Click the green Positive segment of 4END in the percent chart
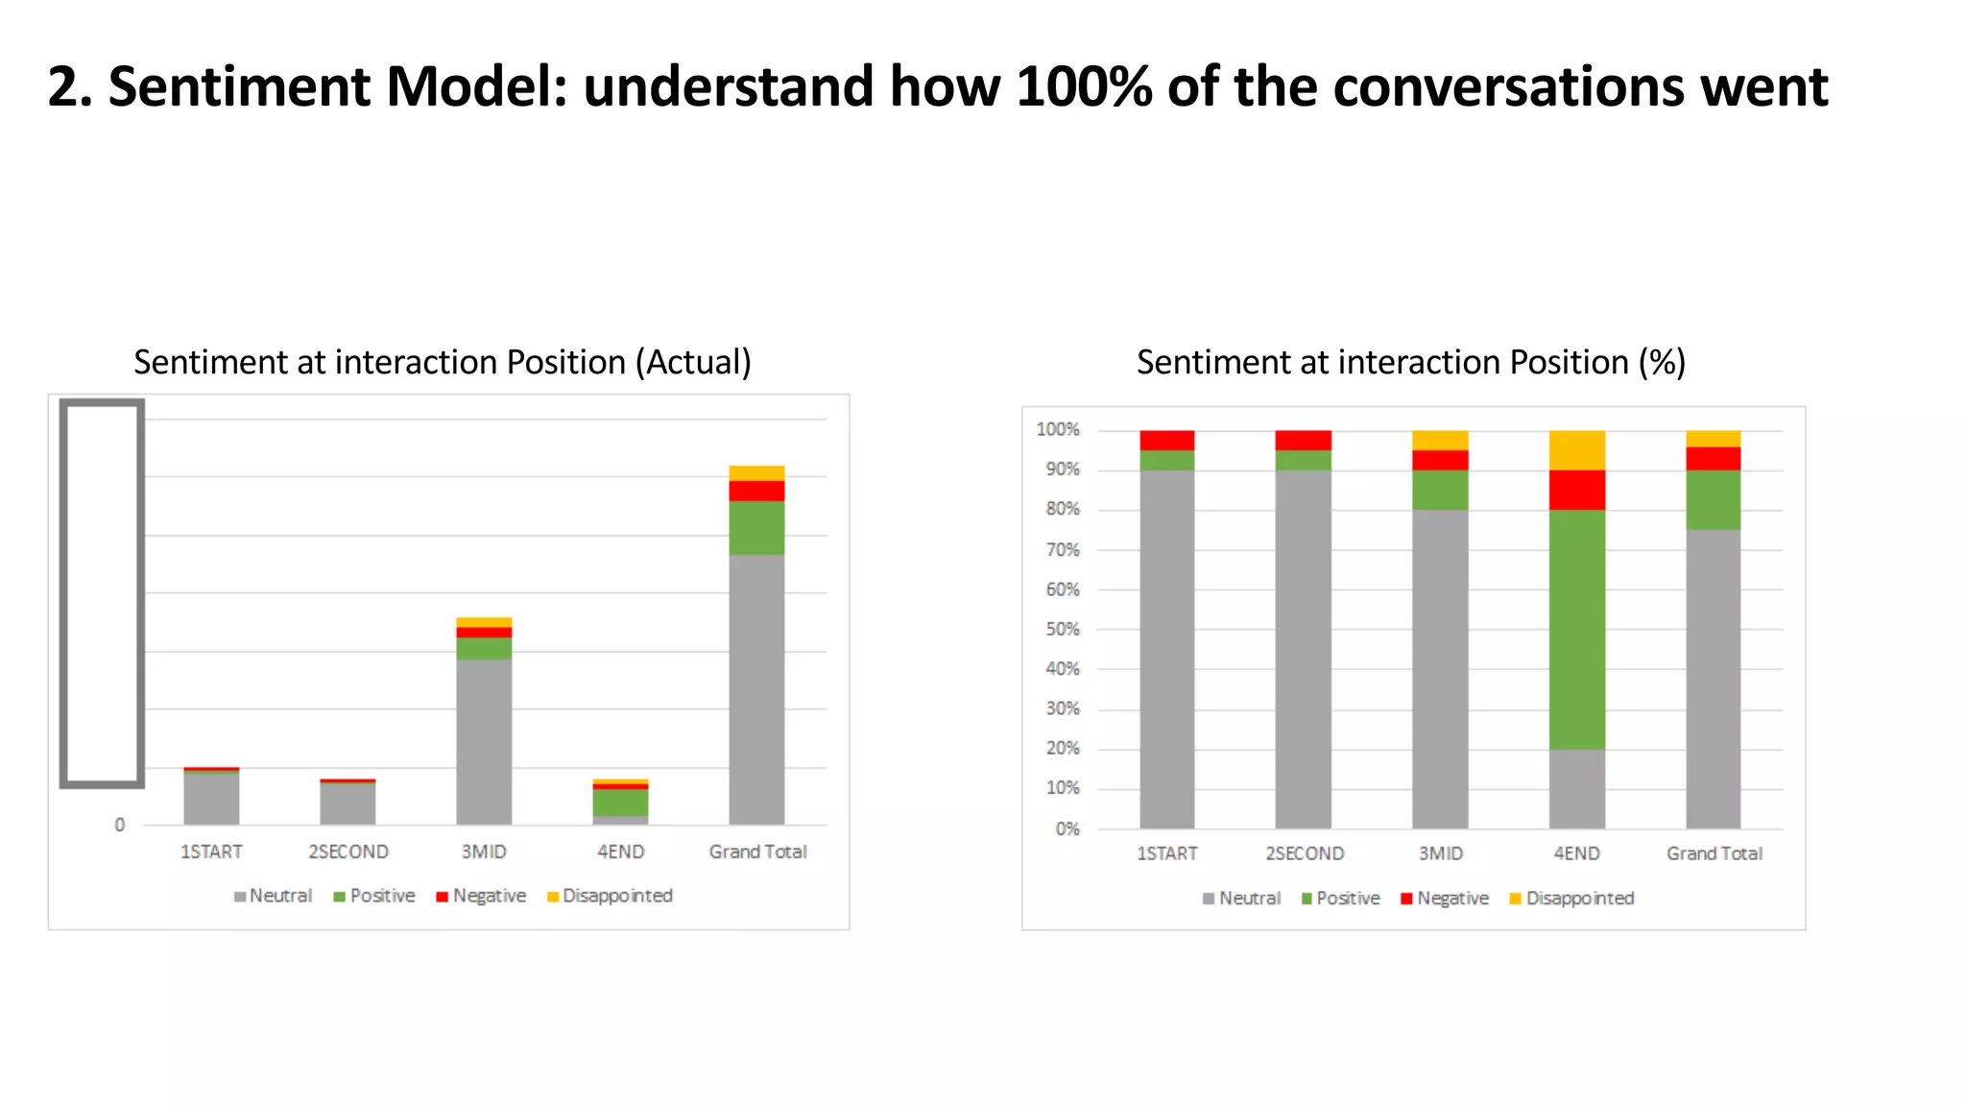[1576, 629]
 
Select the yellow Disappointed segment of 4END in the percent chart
[1576, 449]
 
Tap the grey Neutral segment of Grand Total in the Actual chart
[756, 689]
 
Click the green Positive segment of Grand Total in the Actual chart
[756, 527]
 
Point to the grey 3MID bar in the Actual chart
[484, 741]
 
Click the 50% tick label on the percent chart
[1063, 630]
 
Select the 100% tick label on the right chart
[1058, 430]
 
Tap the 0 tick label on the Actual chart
[120, 825]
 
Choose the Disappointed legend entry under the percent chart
[1571, 899]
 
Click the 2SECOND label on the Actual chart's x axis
[348, 852]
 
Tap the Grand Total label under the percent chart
[1714, 854]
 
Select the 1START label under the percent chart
[1167, 854]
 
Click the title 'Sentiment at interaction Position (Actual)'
[443, 363]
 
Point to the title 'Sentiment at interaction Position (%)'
[1411, 363]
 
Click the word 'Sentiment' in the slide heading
[241, 87]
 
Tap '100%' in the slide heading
[1084, 87]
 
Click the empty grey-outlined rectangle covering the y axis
[102, 593]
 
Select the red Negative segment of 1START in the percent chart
[1167, 440]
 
